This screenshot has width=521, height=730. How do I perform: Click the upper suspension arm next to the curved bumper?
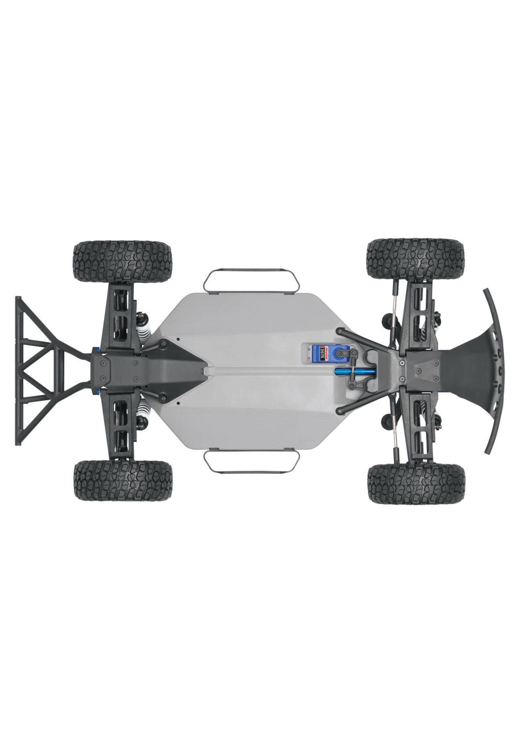[419, 318]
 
